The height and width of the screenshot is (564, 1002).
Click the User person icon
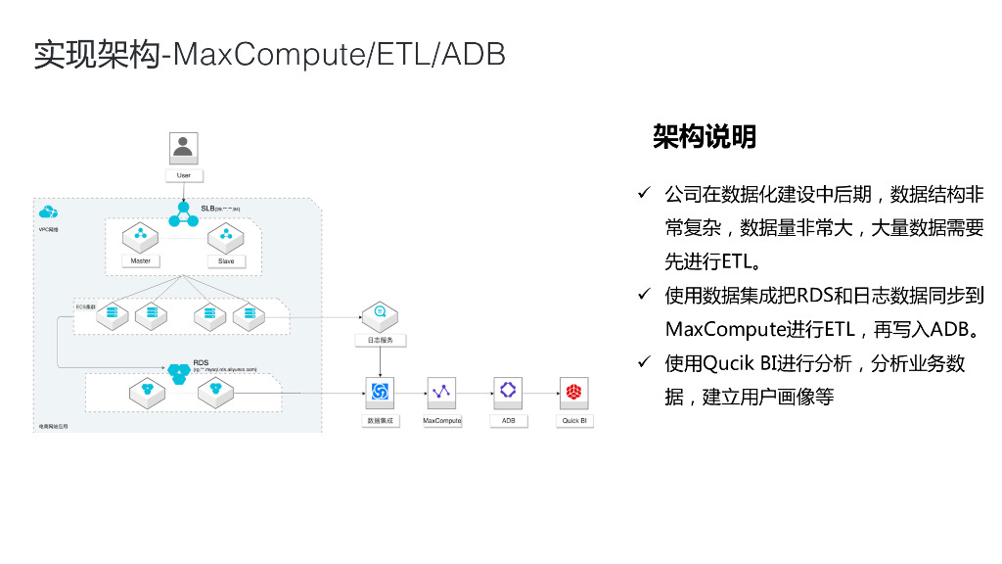[183, 147]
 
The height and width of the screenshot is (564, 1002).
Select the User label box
[183, 176]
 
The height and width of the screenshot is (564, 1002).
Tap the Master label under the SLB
[140, 261]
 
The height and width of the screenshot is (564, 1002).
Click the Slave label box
[226, 261]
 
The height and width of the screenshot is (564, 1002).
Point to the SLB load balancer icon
[183, 215]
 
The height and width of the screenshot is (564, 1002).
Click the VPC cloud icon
[48, 212]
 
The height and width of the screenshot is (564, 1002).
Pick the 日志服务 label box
[380, 340]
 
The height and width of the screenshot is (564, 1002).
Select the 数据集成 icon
[380, 392]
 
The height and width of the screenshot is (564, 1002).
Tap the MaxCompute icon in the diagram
[442, 392]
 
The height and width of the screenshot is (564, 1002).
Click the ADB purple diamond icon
[508, 391]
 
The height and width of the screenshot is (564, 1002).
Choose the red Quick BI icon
[573, 392]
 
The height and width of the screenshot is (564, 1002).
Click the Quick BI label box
[573, 420]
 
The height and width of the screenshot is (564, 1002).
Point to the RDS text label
[201, 362]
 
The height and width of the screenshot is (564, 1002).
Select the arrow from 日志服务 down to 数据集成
[380, 361]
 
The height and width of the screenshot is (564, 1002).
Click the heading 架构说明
[705, 137]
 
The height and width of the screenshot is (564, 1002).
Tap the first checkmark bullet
[645, 194]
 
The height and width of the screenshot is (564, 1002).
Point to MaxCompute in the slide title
[265, 54]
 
